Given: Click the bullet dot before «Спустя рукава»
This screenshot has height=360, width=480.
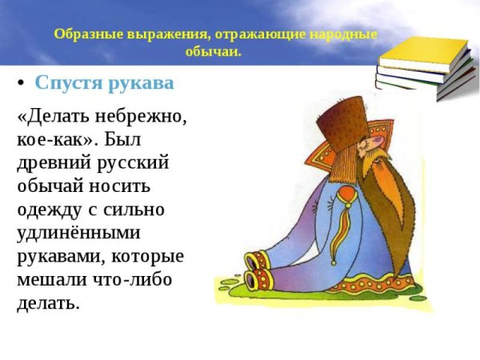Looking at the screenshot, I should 22,83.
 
